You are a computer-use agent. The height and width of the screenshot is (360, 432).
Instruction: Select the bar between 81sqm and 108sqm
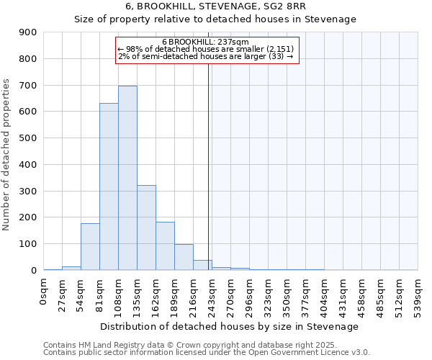[109, 186]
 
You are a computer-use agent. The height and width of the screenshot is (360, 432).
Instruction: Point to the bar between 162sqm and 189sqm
[165, 246]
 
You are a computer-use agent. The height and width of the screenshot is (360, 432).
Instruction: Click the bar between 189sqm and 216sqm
[184, 257]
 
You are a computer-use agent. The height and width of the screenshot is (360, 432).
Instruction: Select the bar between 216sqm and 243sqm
[202, 265]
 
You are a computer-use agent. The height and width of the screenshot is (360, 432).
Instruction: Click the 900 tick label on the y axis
[27, 32]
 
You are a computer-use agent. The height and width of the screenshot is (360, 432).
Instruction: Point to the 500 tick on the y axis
[27, 138]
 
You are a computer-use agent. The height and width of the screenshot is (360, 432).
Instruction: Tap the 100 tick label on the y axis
[27, 244]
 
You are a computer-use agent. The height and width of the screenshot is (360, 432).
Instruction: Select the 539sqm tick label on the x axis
[418, 293]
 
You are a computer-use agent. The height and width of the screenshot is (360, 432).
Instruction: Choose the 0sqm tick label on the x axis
[44, 289]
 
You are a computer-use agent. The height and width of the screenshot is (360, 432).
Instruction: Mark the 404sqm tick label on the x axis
[324, 293]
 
